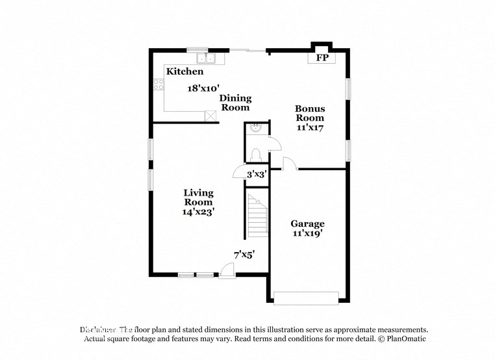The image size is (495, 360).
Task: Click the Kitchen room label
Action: (x=184, y=71)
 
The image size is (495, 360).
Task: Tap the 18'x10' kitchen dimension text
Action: (x=204, y=88)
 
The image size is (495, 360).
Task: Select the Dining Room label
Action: (x=235, y=103)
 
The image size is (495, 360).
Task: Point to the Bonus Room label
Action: (x=310, y=113)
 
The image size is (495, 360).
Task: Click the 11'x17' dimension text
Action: (x=310, y=128)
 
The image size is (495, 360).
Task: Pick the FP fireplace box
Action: (x=322, y=58)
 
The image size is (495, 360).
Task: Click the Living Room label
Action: (x=198, y=198)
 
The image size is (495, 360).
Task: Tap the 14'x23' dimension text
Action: (x=198, y=211)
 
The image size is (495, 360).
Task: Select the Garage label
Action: (x=307, y=224)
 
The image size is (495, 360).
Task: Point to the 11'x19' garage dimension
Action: (x=307, y=233)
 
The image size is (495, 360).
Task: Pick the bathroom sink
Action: (x=256, y=128)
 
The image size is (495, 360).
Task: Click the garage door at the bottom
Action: (x=306, y=298)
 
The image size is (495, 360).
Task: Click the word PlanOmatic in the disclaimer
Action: (x=404, y=339)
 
